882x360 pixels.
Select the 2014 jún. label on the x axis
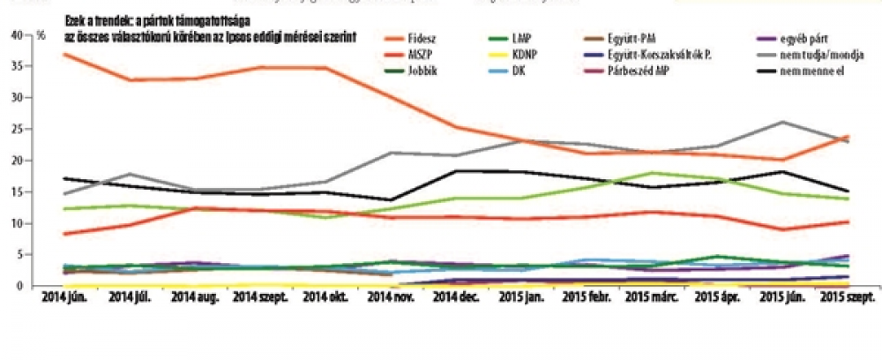[66, 298]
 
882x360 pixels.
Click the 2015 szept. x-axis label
[847, 298]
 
